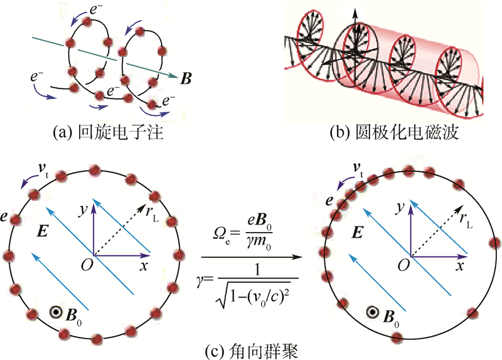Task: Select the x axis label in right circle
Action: click(x=460, y=267)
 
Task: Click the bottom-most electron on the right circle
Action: click(x=397, y=337)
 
